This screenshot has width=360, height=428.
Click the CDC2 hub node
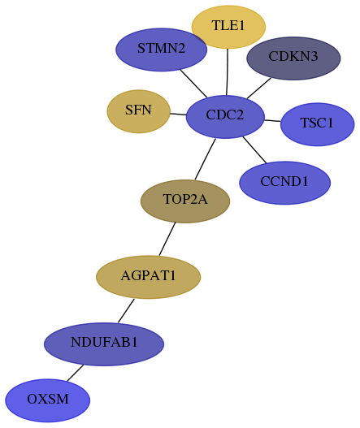pyautogui.click(x=225, y=117)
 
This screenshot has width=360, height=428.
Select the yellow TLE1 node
pyautogui.click(x=228, y=27)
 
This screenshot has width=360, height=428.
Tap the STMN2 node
pyautogui.click(x=161, y=50)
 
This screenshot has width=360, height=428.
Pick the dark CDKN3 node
pyautogui.click(x=293, y=58)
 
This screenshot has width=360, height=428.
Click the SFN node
pyautogui.click(x=138, y=111)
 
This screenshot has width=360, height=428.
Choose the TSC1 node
pyautogui.click(x=317, y=124)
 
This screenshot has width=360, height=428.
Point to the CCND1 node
pyautogui.click(x=284, y=183)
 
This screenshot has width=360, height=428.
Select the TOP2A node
pyautogui.click(x=185, y=201)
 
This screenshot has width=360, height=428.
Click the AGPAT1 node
pyautogui.click(x=149, y=277)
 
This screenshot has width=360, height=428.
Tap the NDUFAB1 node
pyautogui.click(x=104, y=344)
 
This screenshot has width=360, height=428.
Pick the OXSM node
pyautogui.click(x=47, y=400)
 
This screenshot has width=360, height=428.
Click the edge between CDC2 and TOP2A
pyautogui.click(x=205, y=159)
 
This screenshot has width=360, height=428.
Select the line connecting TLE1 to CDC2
pyautogui.click(x=228, y=72)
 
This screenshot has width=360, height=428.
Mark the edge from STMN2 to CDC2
pyautogui.click(x=193, y=84)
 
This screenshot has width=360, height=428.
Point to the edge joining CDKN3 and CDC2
pyautogui.click(x=259, y=89)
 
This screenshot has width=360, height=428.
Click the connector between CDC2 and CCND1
pyautogui.click(x=254, y=150)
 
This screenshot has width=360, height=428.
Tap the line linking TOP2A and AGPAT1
pyautogui.click(x=167, y=239)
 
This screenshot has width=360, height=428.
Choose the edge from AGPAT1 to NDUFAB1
pyautogui.click(x=126, y=310)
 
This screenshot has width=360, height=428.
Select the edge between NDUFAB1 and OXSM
pyautogui.click(x=75, y=373)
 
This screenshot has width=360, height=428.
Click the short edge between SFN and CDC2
pyautogui.click(x=178, y=114)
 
